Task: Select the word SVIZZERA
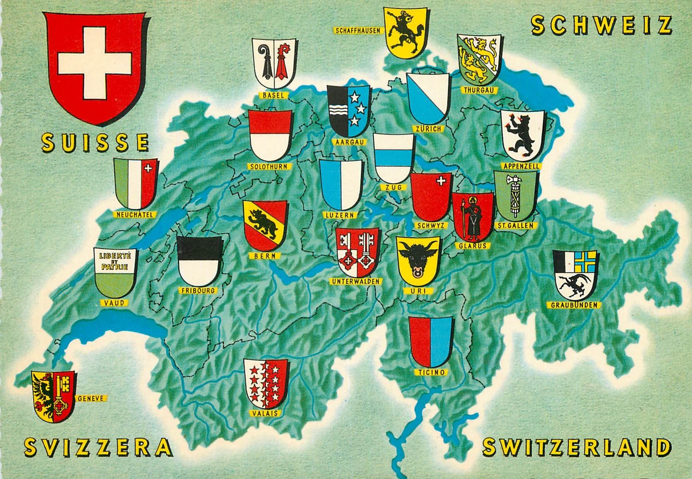point(98,448)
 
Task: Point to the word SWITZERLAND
point(576,447)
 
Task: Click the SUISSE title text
point(95,143)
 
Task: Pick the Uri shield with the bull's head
point(418,261)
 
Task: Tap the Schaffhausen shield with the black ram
point(404,32)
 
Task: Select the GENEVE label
point(91,398)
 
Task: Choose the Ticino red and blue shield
point(431,342)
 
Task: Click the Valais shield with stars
point(266,384)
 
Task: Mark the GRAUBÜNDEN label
point(574,305)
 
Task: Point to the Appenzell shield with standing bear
point(522,135)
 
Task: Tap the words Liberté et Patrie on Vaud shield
point(114,261)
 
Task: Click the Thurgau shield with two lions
point(479,59)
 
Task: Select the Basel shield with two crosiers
point(274,63)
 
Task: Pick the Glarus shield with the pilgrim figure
point(473,216)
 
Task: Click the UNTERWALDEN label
point(355,281)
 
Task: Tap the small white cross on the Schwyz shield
point(441,181)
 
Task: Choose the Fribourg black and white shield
point(199,261)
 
